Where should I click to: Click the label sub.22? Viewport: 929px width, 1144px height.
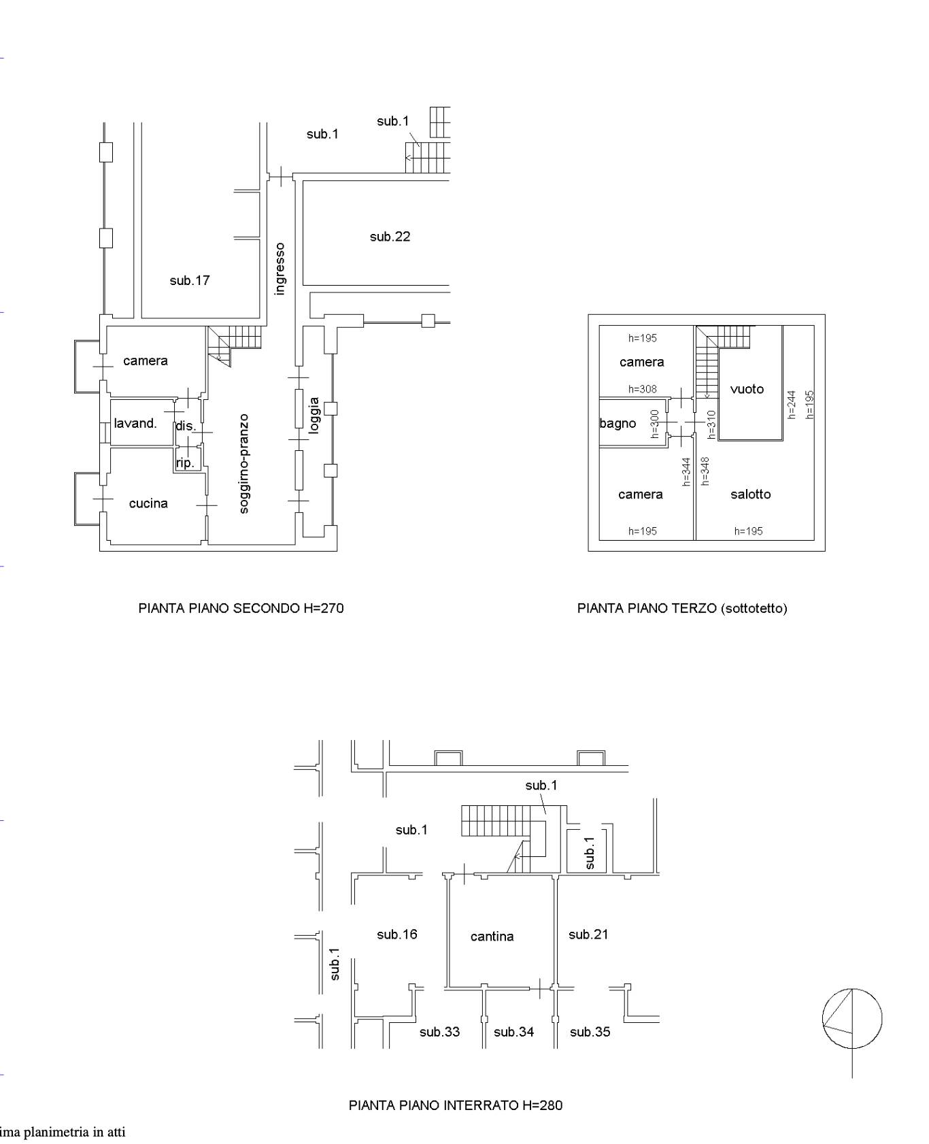pos(390,237)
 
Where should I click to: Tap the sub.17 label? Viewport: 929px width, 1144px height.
pos(190,280)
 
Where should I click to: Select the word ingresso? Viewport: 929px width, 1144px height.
pos(280,269)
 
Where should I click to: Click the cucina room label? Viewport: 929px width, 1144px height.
pos(148,503)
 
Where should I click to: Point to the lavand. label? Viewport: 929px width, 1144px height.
pos(135,423)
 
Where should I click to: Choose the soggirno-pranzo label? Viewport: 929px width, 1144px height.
pos(244,464)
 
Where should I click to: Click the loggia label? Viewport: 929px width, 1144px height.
pos(314,415)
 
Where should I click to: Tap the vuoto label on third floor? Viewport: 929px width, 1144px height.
pos(747,389)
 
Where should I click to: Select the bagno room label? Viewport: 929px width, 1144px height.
pos(618,424)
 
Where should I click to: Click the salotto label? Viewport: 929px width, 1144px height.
pos(751,494)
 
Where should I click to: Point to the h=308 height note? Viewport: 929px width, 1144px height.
pos(643,390)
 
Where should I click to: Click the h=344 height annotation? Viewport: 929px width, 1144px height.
pos(686,471)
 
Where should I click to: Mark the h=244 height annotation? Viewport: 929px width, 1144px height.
pos(791,405)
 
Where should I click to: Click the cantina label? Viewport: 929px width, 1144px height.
pos(492,937)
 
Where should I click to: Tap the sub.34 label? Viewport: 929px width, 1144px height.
pos(514,1032)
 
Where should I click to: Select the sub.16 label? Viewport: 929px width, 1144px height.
pos(397,935)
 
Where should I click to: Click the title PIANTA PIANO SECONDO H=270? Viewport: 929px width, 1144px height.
pos(241,608)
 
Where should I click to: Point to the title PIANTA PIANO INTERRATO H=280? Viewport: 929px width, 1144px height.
pos(456,1105)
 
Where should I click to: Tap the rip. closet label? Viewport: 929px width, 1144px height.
pos(185,463)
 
